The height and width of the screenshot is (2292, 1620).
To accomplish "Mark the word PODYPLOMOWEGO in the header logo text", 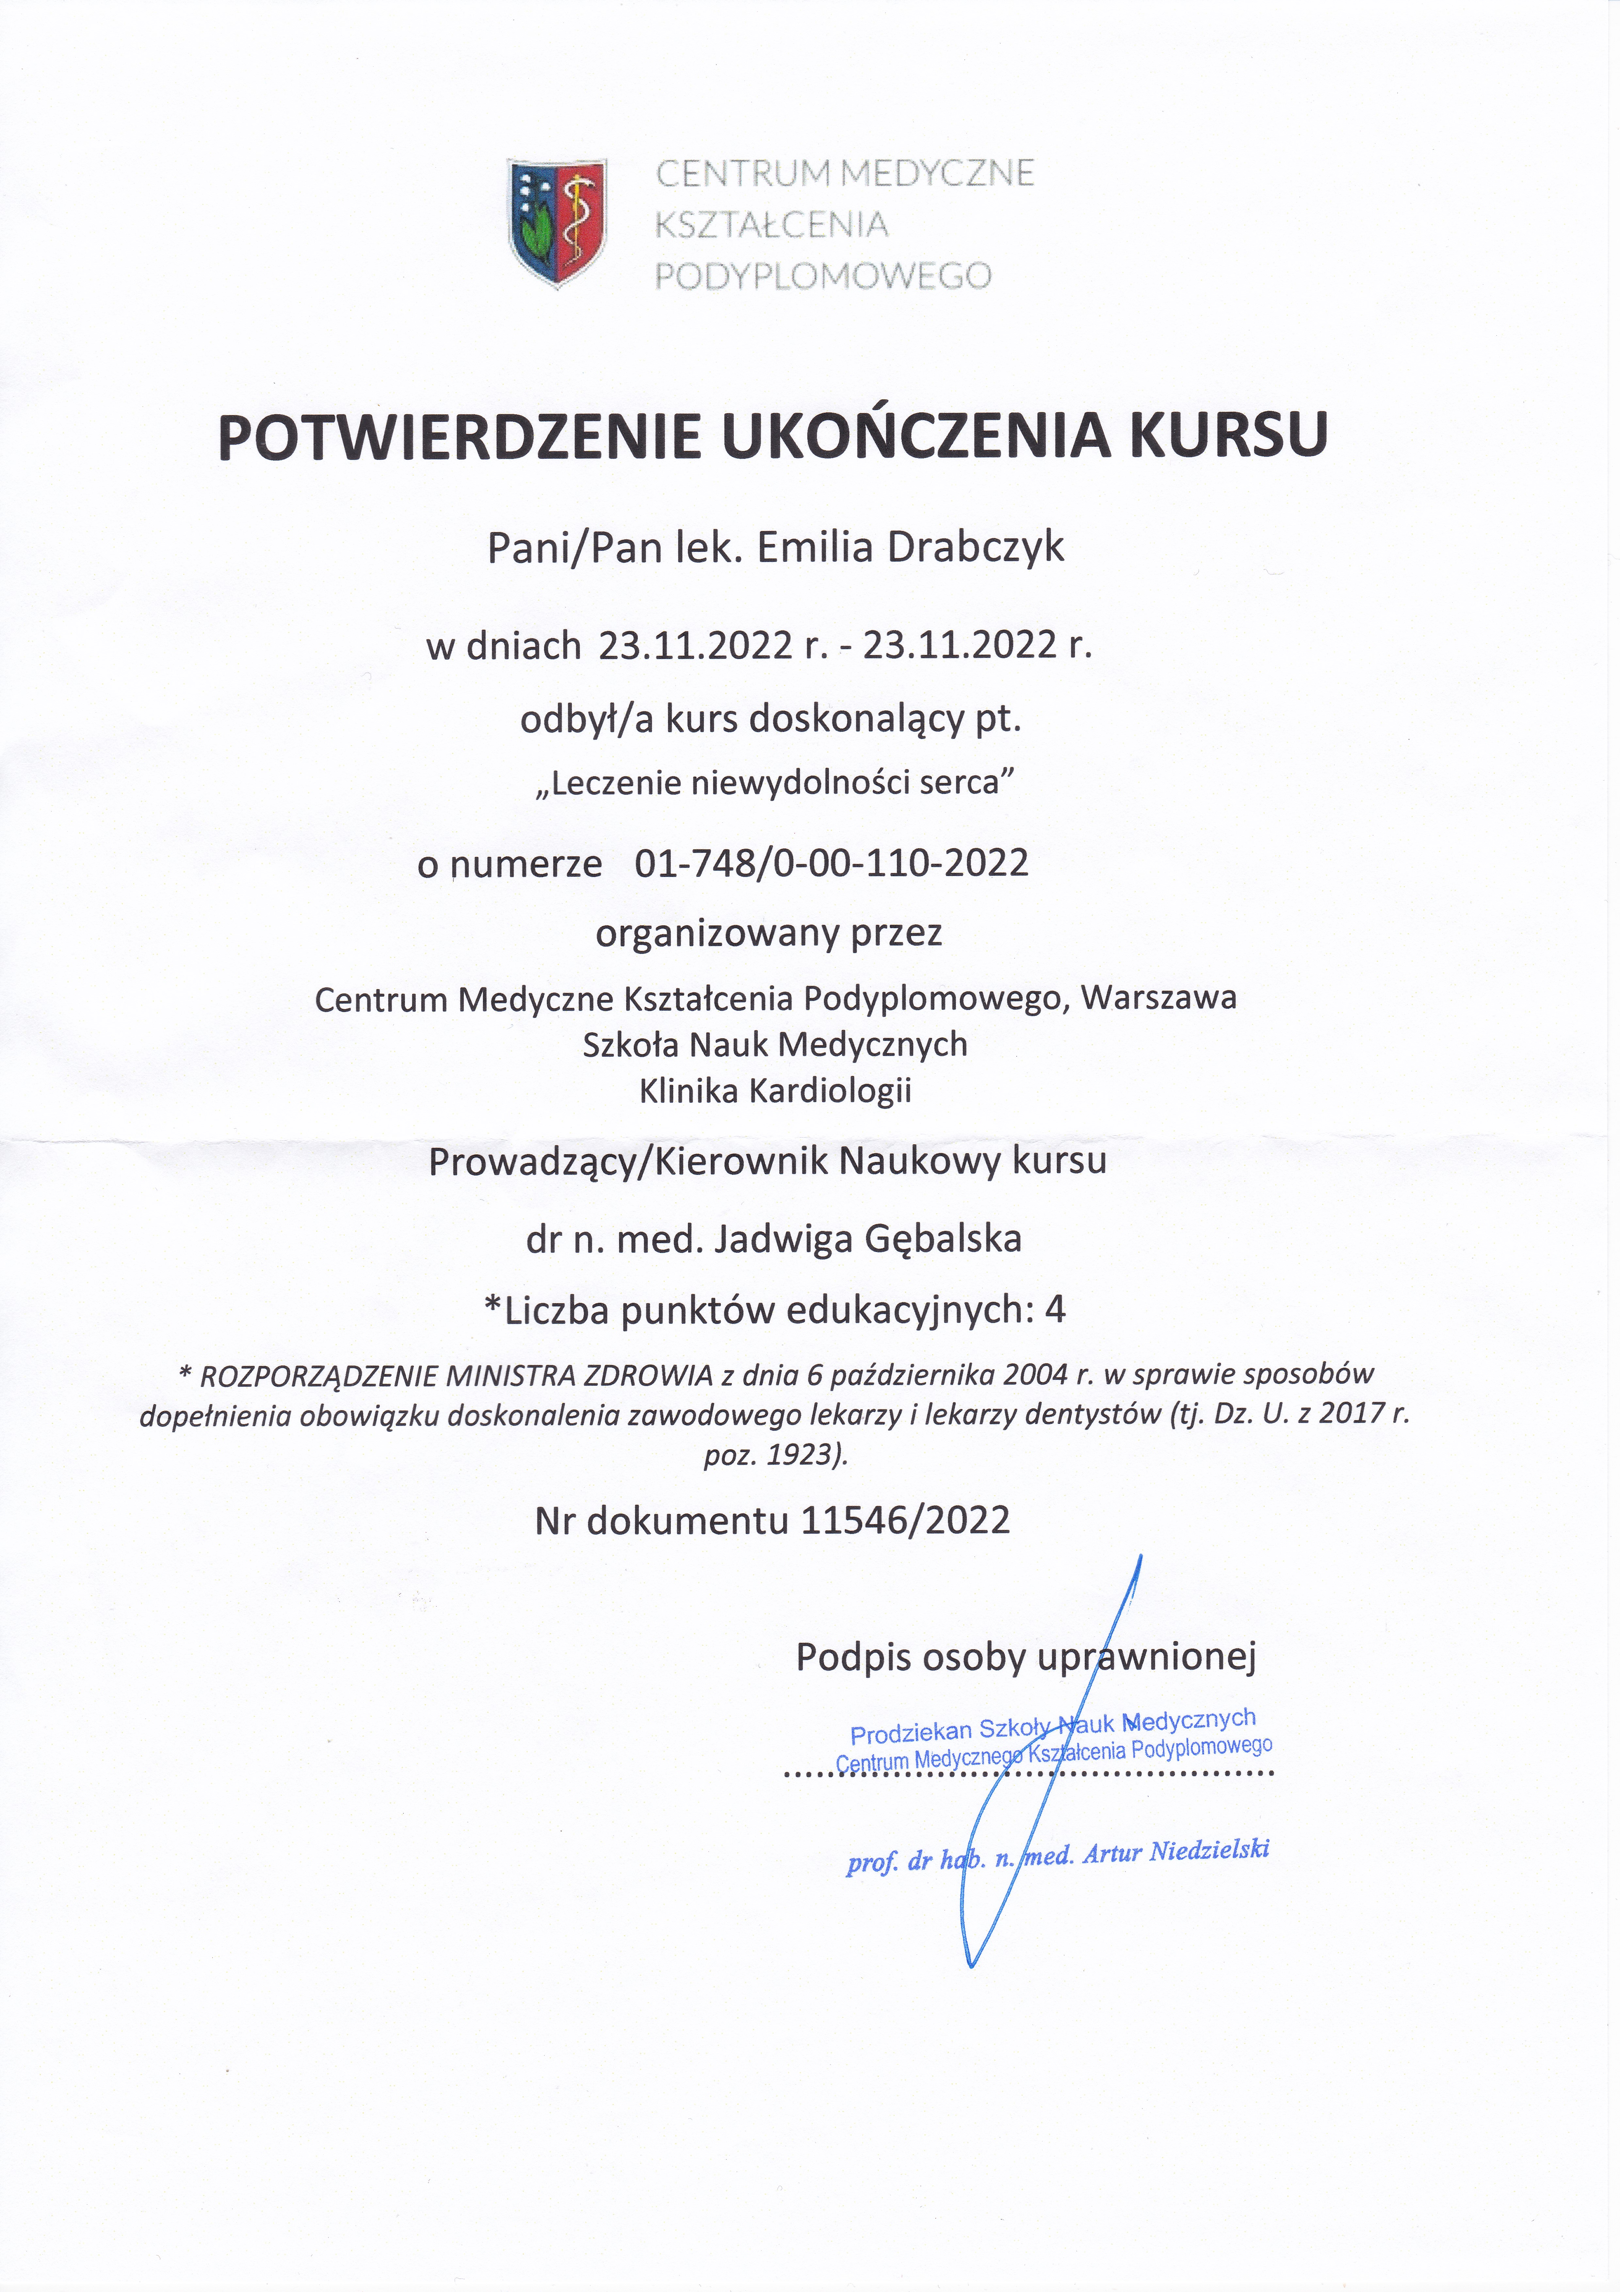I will click(823, 275).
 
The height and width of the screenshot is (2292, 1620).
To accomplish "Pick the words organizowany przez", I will click(769, 933).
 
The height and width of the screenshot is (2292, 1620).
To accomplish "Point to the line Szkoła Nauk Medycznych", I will click(776, 1044).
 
